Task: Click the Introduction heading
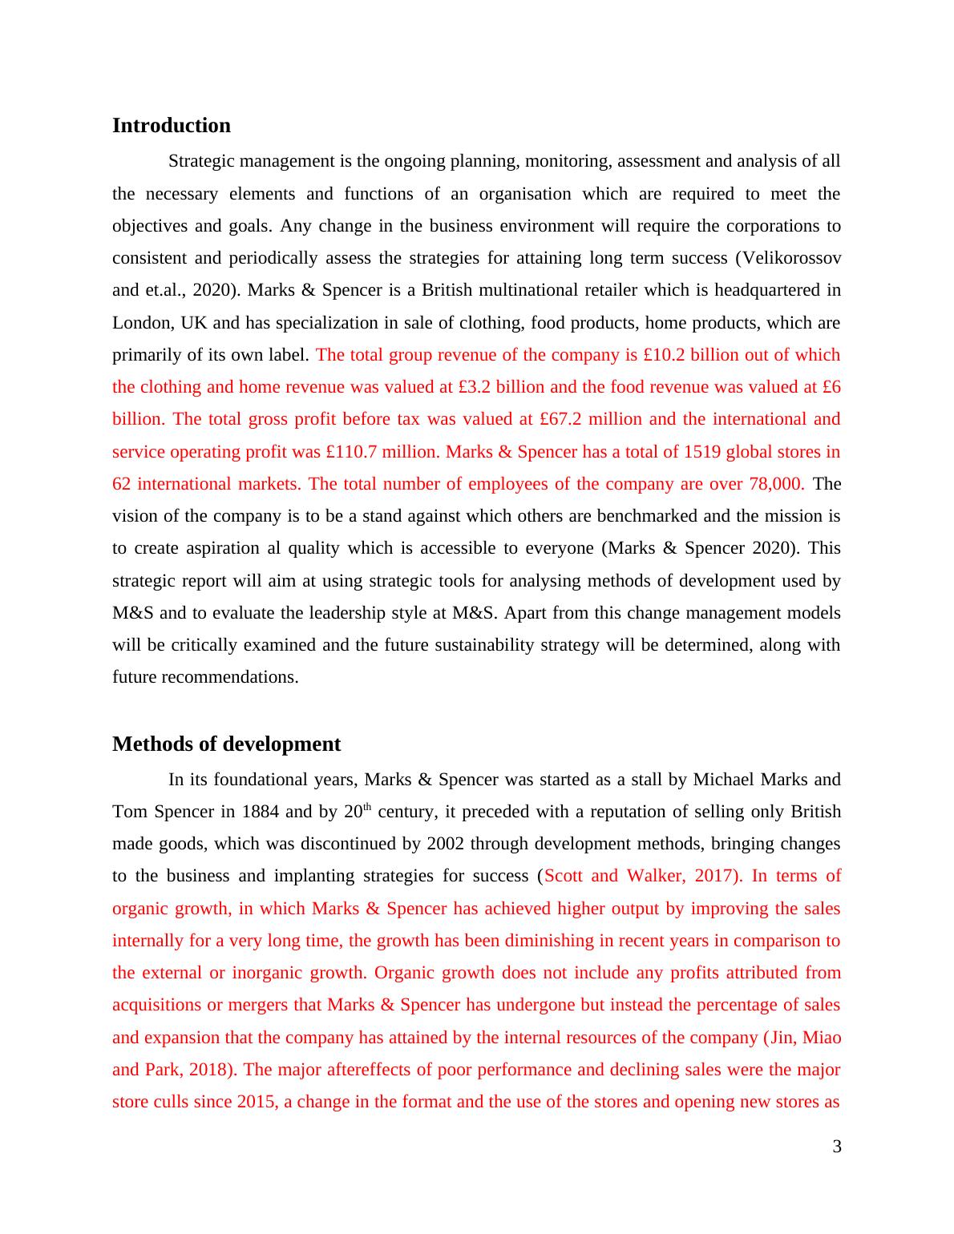(171, 126)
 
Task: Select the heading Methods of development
(226, 744)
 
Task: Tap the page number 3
(837, 1147)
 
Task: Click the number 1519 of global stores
(703, 452)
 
